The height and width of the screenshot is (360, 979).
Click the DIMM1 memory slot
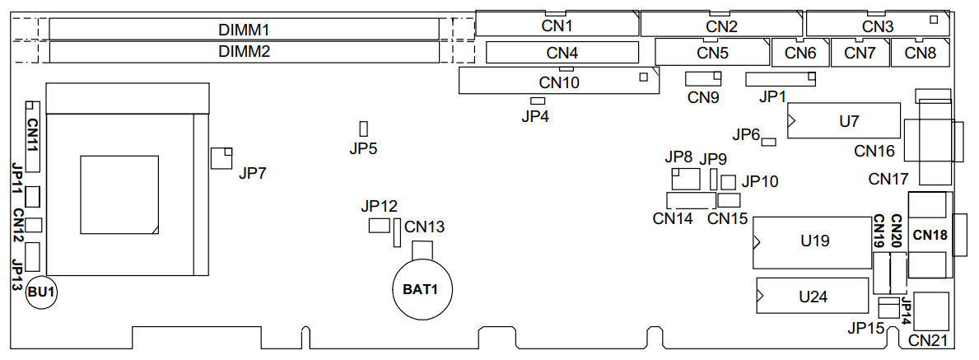(x=244, y=29)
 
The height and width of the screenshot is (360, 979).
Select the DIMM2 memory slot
(x=244, y=52)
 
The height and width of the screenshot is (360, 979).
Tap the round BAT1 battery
(x=421, y=289)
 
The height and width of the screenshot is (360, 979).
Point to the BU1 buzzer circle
(x=40, y=292)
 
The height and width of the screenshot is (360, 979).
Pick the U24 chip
(x=813, y=296)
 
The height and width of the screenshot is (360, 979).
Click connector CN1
(x=557, y=25)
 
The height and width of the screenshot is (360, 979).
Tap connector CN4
(x=562, y=54)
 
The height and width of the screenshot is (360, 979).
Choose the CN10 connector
(x=559, y=82)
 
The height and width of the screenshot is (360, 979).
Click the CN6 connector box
(x=800, y=54)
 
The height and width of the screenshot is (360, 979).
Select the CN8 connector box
(x=920, y=54)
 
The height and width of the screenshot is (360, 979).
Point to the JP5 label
(x=363, y=149)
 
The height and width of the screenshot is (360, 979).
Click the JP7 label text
(x=253, y=174)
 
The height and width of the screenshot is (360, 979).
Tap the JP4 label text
(x=535, y=116)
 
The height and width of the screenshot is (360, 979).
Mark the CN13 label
(x=425, y=226)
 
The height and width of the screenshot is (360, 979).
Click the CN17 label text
(x=888, y=179)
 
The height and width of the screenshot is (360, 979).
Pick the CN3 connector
(x=877, y=25)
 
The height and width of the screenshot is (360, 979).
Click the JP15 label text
(x=865, y=328)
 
